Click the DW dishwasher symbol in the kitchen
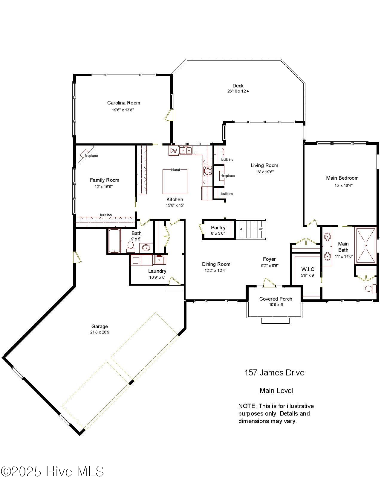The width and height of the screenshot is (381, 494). [x=173, y=151]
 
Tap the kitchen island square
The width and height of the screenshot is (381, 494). [x=175, y=182]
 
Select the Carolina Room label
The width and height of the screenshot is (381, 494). [x=123, y=103]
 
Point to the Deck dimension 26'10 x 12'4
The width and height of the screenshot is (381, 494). [x=238, y=91]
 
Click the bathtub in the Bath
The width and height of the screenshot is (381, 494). [x=114, y=241]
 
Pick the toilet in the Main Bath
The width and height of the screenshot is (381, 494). [x=369, y=289]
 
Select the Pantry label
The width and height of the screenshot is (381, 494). [x=218, y=228]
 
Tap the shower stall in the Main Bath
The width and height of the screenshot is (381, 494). [x=365, y=246]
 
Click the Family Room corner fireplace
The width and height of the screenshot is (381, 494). [x=87, y=155]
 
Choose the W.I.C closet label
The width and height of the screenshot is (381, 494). [x=307, y=269]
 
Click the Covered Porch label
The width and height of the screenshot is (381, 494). [x=276, y=299]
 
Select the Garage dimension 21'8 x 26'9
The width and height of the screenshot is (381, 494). [x=100, y=332]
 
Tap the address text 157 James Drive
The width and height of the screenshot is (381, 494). [x=274, y=372]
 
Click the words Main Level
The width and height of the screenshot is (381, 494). [x=276, y=390]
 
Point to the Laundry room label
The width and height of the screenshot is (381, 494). [x=157, y=271]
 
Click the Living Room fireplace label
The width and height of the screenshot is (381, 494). [x=228, y=176]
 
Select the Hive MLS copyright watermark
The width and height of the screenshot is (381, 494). [x=52, y=472]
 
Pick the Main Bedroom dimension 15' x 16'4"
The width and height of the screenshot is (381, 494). [x=343, y=185]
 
